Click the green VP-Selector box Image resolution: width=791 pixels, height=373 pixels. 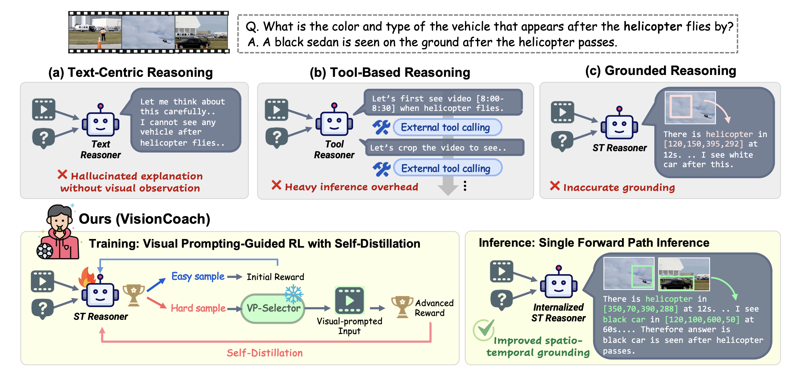coord(273,308)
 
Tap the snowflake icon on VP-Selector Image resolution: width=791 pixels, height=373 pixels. coord(294,293)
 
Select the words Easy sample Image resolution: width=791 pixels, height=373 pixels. coord(198,277)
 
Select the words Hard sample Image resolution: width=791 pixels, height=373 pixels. coord(198,308)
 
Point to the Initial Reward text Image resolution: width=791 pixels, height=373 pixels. coord(275,277)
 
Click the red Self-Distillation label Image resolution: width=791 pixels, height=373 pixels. coord(264,353)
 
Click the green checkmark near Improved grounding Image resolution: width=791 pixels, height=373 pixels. coord(484,329)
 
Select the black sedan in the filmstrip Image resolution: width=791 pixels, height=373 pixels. coord(193,43)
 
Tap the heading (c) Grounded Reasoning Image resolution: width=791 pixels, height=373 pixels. coord(661,71)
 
